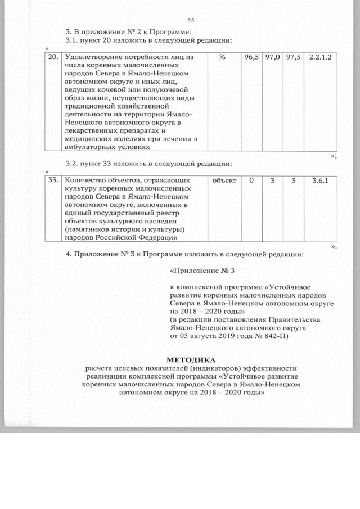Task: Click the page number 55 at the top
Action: pyautogui.click(x=182, y=20)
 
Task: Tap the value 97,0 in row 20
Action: pyautogui.click(x=272, y=57)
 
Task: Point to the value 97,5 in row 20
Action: pyautogui.click(x=292, y=57)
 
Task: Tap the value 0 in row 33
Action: pyautogui.click(x=251, y=181)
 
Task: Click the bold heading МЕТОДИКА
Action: pyautogui.click(x=191, y=359)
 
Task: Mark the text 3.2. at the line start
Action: pyautogui.click(x=73, y=164)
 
